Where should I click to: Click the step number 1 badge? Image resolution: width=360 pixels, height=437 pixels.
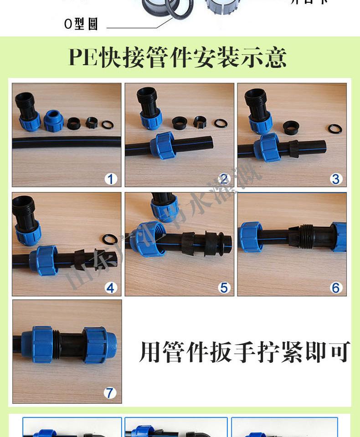pyautogui.click(x=110, y=179)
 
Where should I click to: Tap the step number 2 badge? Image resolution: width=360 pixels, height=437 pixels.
pyautogui.click(x=223, y=179)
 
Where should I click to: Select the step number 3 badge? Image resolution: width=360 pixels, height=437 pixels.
pyautogui.click(x=336, y=179)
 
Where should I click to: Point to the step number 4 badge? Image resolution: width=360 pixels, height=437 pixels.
pyautogui.click(x=110, y=288)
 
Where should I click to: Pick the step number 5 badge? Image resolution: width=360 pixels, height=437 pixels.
pyautogui.click(x=223, y=288)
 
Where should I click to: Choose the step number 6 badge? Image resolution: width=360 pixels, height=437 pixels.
pyautogui.click(x=336, y=288)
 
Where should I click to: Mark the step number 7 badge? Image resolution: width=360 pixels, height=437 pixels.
pyautogui.click(x=110, y=393)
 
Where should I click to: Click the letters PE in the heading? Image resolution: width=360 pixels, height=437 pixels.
pyautogui.click(x=84, y=58)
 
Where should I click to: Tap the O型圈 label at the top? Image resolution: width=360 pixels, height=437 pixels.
pyautogui.click(x=81, y=24)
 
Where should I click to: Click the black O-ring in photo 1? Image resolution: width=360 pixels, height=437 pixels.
pyautogui.click(x=108, y=124)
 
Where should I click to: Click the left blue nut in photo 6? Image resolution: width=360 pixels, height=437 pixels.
pyautogui.click(x=250, y=237)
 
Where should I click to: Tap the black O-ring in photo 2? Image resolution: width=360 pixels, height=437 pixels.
pyautogui.click(x=221, y=123)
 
